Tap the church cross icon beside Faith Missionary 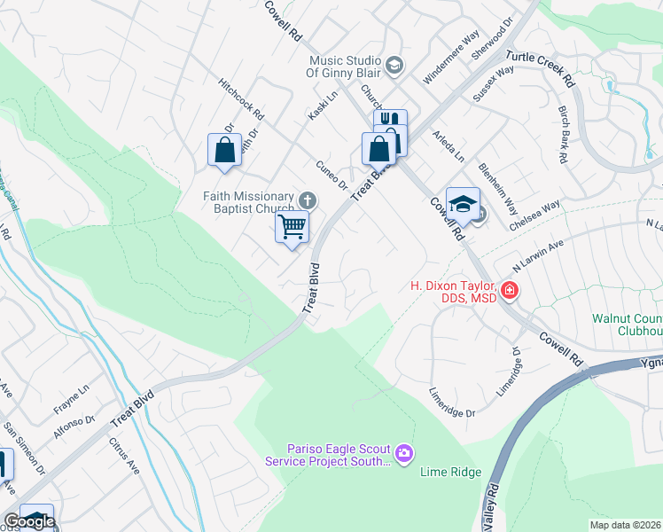click(308, 200)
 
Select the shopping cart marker click(292, 227)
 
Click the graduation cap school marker click(462, 204)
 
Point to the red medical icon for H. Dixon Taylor click(509, 290)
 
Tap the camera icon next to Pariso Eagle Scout click(405, 455)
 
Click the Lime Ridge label click(450, 473)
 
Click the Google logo click(29, 521)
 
